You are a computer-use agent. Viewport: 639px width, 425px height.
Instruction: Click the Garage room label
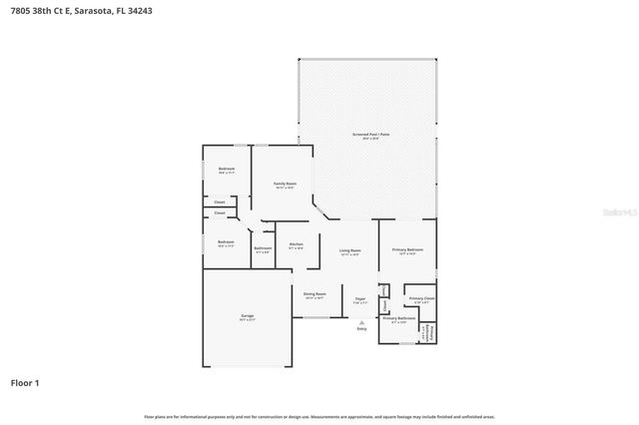(247, 316)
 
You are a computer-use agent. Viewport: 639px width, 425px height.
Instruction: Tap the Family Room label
(285, 184)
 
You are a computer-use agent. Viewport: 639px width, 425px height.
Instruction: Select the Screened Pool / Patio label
(370, 133)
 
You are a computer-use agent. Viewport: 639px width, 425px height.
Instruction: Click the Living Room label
(349, 250)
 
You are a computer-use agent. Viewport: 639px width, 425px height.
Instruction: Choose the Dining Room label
(316, 294)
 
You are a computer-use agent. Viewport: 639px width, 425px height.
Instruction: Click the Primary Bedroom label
(407, 249)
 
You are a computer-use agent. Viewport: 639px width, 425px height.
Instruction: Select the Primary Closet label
(421, 298)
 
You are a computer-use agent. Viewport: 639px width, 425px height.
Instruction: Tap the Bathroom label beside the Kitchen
(263, 248)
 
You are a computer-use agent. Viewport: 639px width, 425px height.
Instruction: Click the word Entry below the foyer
(361, 328)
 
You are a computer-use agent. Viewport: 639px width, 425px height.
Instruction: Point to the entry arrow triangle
(361, 321)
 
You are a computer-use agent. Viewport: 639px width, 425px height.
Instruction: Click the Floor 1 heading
(25, 382)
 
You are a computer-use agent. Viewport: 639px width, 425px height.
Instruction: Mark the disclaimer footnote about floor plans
(319, 416)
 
